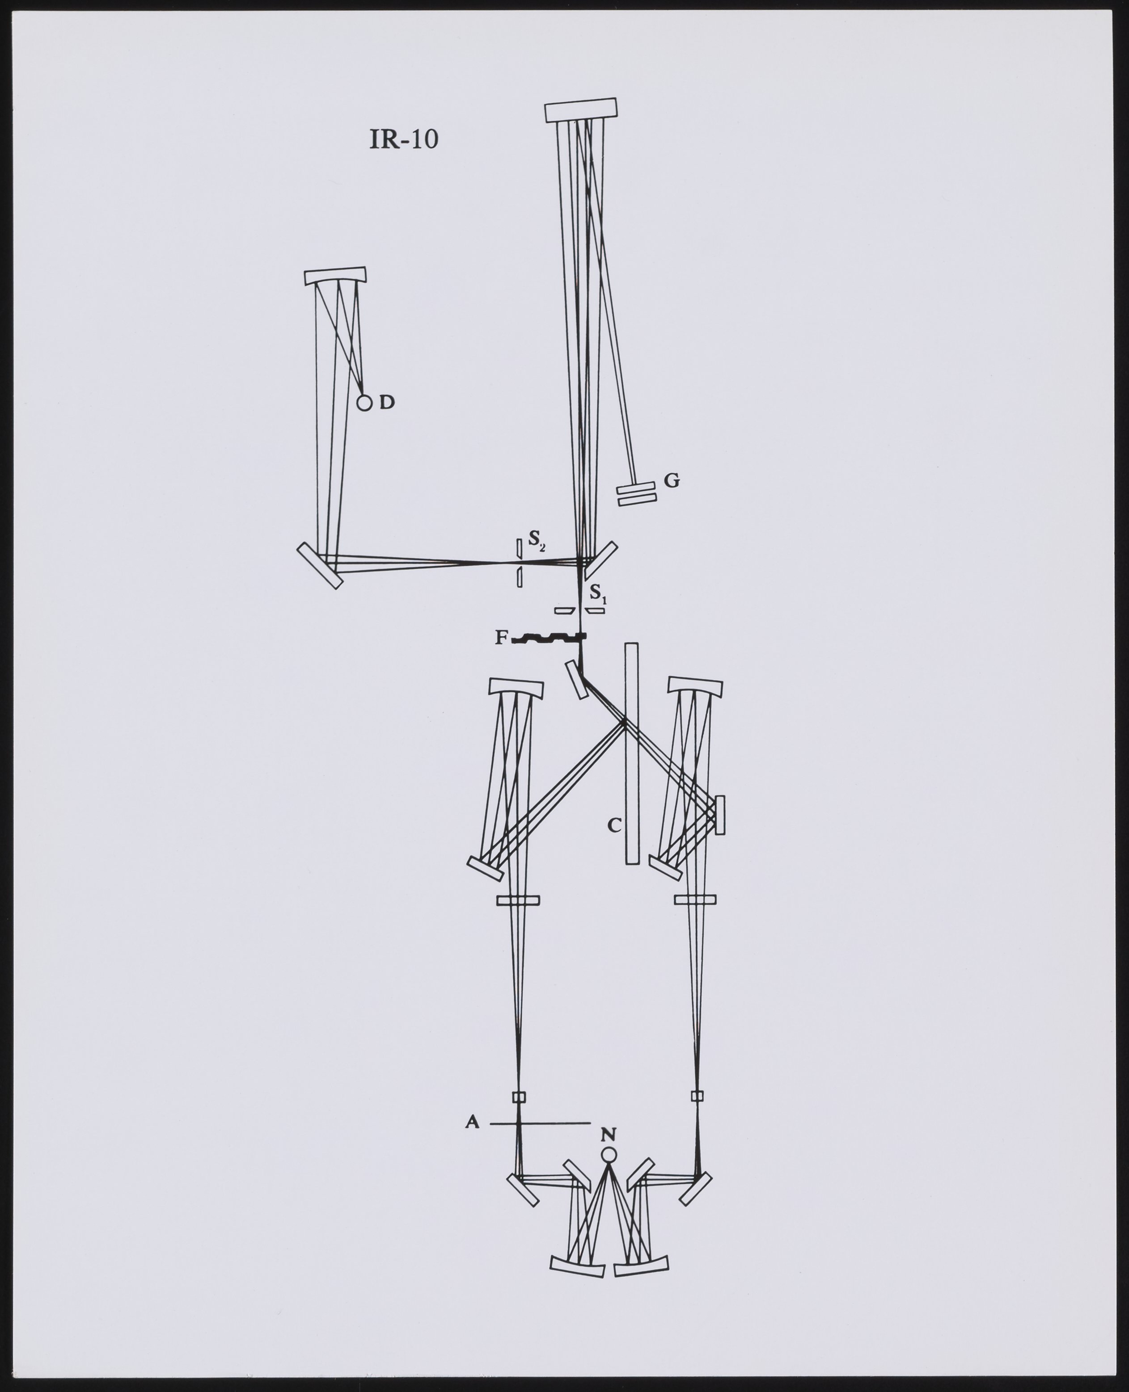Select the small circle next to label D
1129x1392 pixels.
click(364, 403)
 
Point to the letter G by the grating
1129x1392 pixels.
click(672, 480)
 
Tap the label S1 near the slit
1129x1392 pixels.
click(598, 594)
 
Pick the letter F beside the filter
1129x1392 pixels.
click(501, 638)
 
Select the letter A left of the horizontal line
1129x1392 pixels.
click(472, 1122)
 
